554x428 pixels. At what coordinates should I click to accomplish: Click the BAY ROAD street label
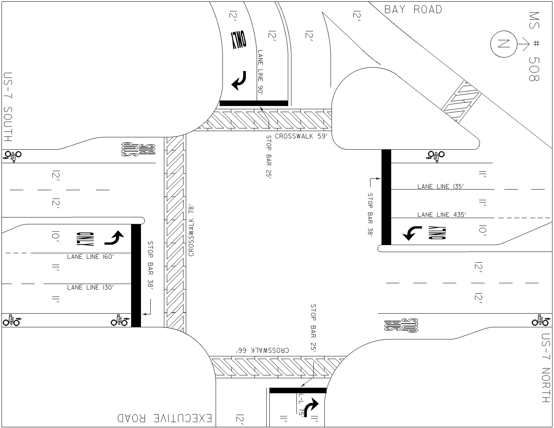pyautogui.click(x=413, y=10)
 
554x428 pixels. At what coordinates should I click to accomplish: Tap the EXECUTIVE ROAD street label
pyautogui.click(x=164, y=418)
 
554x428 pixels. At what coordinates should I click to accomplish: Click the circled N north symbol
pyautogui.click(x=500, y=44)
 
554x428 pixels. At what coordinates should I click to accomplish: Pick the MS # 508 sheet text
pyautogui.click(x=534, y=46)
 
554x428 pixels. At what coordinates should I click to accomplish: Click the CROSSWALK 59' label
pyautogui.click(x=301, y=136)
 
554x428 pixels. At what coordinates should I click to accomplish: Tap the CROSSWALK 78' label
pyautogui.click(x=191, y=231)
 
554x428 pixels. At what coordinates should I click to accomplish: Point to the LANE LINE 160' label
pyautogui.click(x=91, y=257)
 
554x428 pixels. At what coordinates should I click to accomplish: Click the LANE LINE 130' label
pyautogui.click(x=91, y=287)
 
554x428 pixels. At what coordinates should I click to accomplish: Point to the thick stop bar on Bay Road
pyautogui.click(x=254, y=103)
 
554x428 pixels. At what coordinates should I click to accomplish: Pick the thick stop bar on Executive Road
pyautogui.click(x=298, y=390)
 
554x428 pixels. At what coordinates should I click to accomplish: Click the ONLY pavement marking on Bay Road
pyautogui.click(x=238, y=40)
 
